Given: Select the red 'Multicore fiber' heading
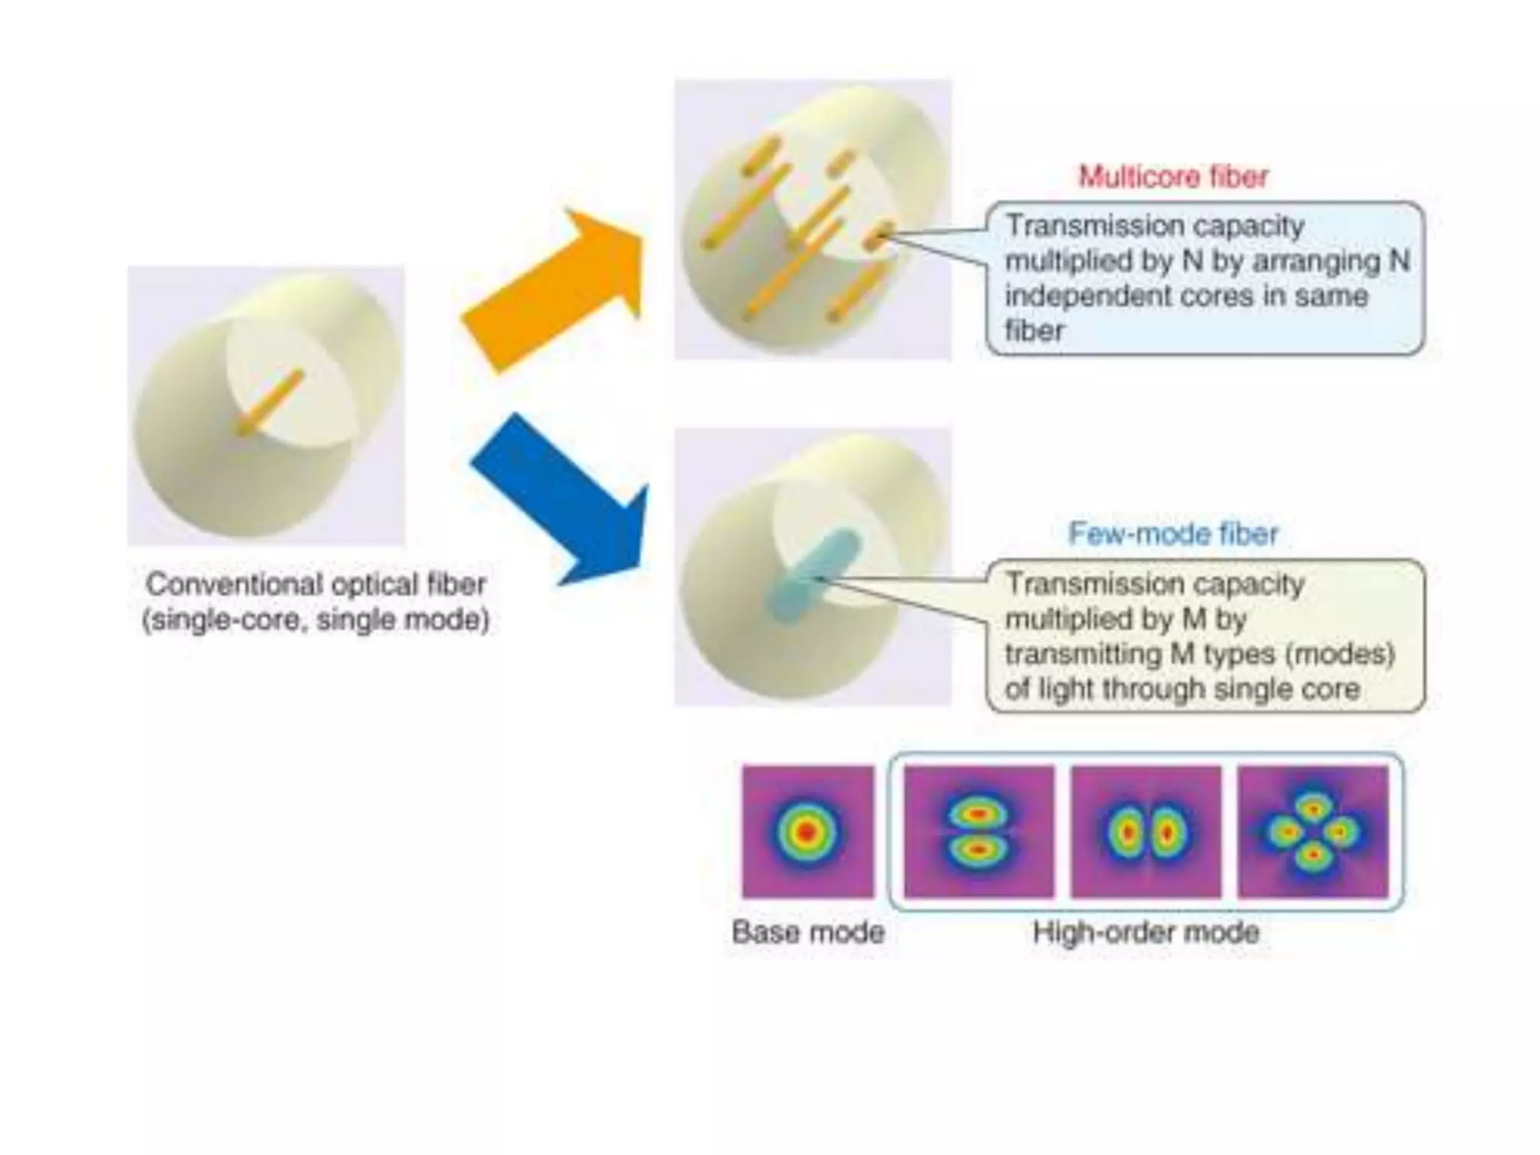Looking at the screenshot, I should point(1173,177).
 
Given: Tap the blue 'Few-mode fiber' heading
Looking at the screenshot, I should point(1173,534).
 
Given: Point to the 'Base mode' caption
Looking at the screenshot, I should point(808,932).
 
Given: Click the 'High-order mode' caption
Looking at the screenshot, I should point(1146,932).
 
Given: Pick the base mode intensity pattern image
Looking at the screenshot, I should point(808,832).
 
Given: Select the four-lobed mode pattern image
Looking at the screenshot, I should point(1313,832).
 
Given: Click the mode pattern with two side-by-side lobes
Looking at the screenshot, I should point(1146,832).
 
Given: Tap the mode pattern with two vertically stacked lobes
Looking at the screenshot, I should point(978,832).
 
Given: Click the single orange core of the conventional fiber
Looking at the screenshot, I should point(271,402).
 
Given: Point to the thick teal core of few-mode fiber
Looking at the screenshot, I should point(812,575).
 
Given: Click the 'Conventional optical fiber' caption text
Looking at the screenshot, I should point(316,584).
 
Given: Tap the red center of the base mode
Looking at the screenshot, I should point(807,832).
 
